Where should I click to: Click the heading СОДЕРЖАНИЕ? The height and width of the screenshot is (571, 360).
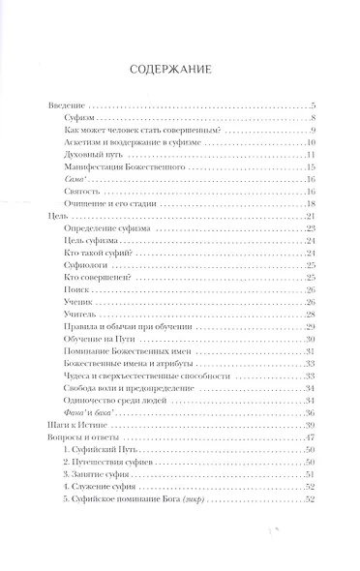(x=180, y=69)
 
